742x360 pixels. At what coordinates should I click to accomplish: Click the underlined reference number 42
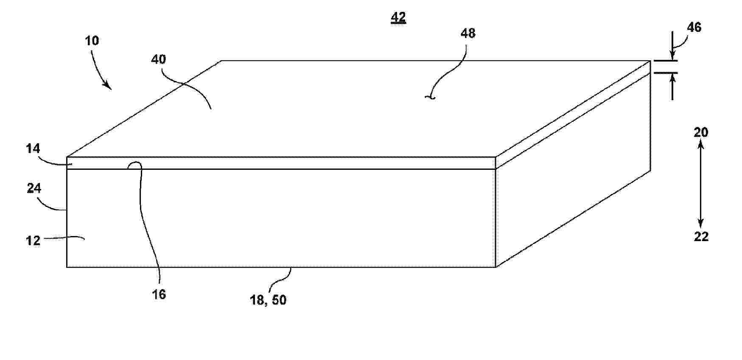coord(398,18)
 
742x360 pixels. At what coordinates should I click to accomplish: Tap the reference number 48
coord(468,33)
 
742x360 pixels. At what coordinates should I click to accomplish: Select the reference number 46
coord(694,28)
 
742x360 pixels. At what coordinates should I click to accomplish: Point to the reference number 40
coord(159,59)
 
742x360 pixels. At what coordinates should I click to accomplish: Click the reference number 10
coord(92,41)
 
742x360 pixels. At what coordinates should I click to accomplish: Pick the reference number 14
coord(33,148)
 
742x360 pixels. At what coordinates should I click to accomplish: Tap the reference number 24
coord(34,188)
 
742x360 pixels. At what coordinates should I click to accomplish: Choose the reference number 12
coord(33,241)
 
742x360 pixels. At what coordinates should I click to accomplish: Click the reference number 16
coord(159,294)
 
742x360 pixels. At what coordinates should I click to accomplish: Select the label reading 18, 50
coord(268,300)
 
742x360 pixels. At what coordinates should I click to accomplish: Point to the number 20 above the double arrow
coord(701,132)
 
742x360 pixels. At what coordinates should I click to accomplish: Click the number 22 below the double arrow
coord(701,236)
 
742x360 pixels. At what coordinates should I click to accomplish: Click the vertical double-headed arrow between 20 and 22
coord(701,184)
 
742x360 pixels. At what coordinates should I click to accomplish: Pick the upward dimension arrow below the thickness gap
coord(672,86)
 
